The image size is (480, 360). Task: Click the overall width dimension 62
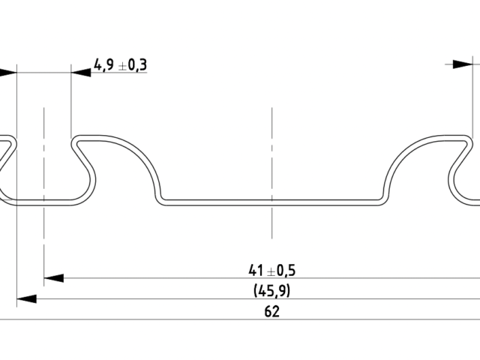[x=271, y=311]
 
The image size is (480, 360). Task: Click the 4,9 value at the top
[x=104, y=64]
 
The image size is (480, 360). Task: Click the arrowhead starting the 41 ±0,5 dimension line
[x=52, y=278]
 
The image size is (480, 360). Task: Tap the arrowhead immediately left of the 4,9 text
[x=81, y=72]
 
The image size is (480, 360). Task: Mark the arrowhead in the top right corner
[x=464, y=64]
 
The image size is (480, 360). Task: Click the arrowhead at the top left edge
[x=7, y=72]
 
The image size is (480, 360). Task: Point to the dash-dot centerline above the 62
[x=272, y=225]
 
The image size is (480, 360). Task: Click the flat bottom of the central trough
[x=272, y=202]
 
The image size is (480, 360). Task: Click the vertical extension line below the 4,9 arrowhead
[x=71, y=105]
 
